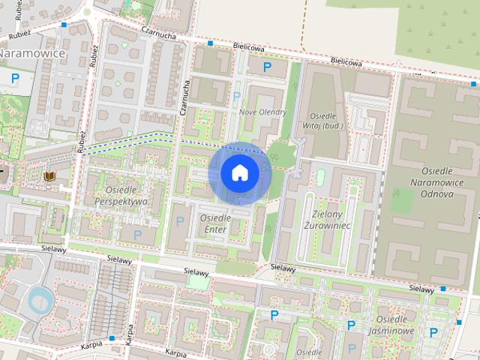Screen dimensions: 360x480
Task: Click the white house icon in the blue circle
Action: pyautogui.click(x=239, y=173)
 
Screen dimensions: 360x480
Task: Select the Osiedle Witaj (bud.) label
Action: pyautogui.click(x=325, y=120)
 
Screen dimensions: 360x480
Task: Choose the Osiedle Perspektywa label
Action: pyautogui.click(x=120, y=196)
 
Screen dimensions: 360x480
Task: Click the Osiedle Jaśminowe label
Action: pyautogui.click(x=394, y=324)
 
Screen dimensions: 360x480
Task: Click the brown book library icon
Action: pyautogui.click(x=49, y=176)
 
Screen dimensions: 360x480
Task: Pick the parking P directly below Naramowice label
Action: pyautogui.click(x=14, y=76)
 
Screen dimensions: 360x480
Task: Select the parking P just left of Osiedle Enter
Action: pyautogui.click(x=178, y=220)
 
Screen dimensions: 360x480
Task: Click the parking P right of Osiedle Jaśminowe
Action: pyautogui.click(x=433, y=331)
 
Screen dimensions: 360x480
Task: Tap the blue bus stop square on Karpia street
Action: pyautogui.click(x=112, y=338)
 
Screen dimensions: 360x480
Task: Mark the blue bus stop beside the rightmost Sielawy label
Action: pyautogui.click(x=443, y=288)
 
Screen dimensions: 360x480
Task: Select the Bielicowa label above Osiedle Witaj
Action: pyautogui.click(x=344, y=64)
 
